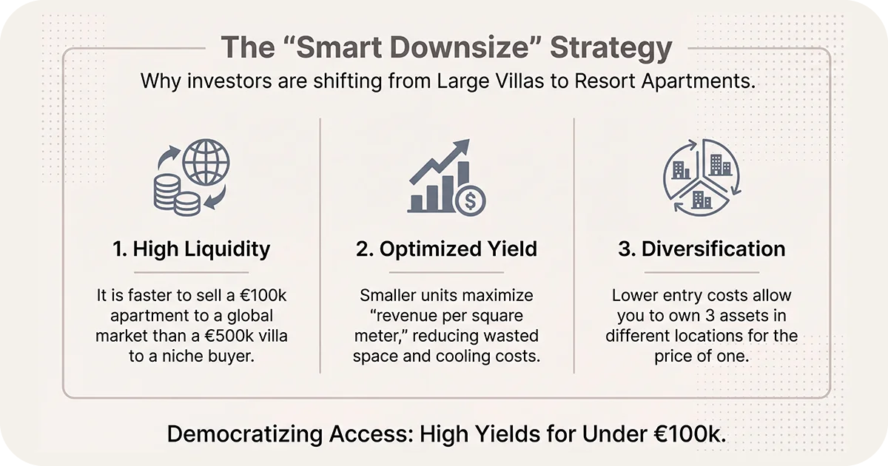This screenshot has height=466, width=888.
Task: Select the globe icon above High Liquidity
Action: pos(206,163)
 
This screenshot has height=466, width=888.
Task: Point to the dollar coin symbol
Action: pos(471,200)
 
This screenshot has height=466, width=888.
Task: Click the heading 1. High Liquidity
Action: pos(191,249)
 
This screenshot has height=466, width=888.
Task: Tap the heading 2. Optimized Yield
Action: pos(446,249)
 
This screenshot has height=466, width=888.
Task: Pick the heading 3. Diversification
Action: pos(702,249)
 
